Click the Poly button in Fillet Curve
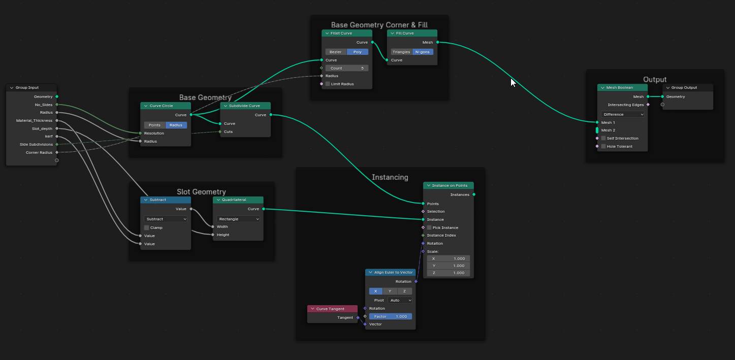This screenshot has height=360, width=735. click(x=357, y=52)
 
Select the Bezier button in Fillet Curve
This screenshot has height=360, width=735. click(x=336, y=52)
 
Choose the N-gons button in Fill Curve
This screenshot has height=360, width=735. click(x=422, y=52)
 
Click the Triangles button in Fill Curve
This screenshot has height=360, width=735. click(x=401, y=52)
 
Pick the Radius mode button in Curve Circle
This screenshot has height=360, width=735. click(x=176, y=125)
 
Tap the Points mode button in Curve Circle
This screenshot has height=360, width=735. click(x=154, y=125)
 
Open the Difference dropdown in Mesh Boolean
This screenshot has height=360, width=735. click(x=622, y=114)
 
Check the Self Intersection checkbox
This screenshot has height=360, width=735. click(x=603, y=138)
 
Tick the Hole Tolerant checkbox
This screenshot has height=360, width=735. click(x=603, y=146)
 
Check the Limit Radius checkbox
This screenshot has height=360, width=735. click(x=328, y=84)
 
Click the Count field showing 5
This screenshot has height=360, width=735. click(x=347, y=68)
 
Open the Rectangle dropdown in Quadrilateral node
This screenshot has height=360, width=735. click(x=238, y=219)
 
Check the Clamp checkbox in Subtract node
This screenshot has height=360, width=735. click(x=147, y=227)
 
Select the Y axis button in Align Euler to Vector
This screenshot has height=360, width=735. click(x=390, y=291)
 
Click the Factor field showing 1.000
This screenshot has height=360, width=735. click(x=390, y=316)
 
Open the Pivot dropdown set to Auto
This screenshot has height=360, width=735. click(x=400, y=300)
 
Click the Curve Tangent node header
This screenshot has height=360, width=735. click(x=332, y=309)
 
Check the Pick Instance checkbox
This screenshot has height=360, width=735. click(x=429, y=227)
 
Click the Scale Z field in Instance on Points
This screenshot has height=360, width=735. click(x=448, y=273)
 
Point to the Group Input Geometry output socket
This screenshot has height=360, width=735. click(x=56, y=96)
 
